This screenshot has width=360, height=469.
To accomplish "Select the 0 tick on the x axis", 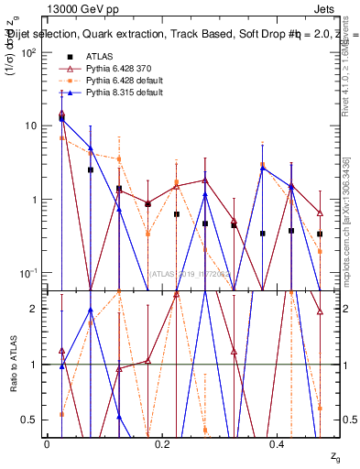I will click(47, 443).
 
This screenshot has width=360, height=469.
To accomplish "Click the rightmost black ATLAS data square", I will click(319, 234).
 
